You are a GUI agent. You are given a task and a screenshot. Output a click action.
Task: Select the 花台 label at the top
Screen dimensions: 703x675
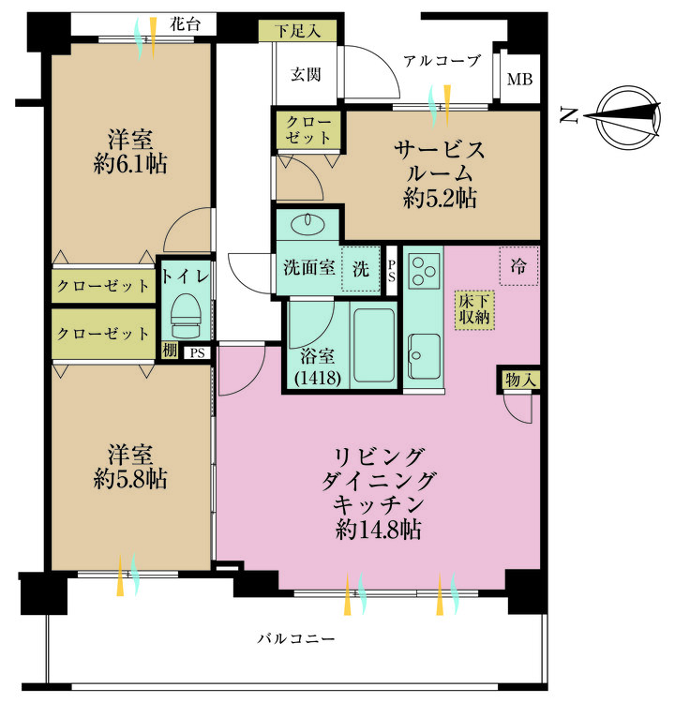[x=184, y=25]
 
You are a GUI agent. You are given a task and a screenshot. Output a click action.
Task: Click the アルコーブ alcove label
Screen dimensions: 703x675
[x=442, y=61]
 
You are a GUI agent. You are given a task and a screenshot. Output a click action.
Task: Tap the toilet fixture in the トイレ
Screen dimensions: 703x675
[x=187, y=317]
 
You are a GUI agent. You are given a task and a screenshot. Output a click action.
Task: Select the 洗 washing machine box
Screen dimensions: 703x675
[x=360, y=267]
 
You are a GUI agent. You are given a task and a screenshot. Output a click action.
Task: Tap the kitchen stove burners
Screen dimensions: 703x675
[x=425, y=267]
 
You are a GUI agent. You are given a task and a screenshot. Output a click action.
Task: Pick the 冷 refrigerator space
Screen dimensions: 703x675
[x=518, y=266]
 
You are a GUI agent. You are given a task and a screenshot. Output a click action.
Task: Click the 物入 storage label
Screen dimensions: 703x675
[x=518, y=380]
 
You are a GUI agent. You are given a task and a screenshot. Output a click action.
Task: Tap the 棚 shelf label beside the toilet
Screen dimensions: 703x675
[x=169, y=351]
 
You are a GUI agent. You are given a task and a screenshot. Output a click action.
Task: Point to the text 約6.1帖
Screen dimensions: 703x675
[x=130, y=164]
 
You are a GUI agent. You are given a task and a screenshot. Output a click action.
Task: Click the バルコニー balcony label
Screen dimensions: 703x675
[x=296, y=639]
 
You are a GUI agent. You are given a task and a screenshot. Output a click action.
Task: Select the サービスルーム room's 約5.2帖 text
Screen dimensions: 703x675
[x=440, y=198]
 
